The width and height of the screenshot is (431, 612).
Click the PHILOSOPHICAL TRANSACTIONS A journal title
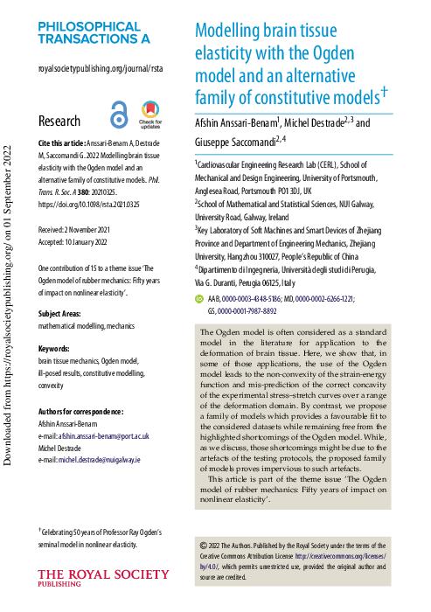point(94,32)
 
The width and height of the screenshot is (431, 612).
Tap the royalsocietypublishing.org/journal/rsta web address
point(101,67)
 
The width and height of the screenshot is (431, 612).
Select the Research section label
point(59,122)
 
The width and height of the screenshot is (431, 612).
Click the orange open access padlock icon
point(119,115)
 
